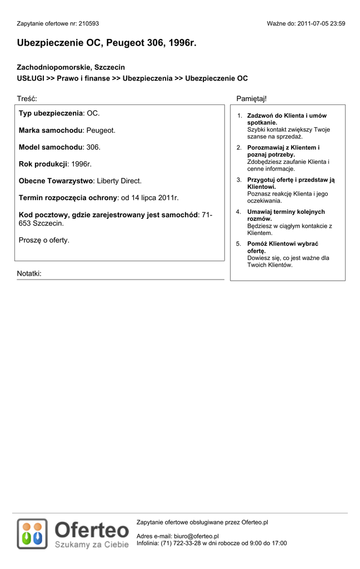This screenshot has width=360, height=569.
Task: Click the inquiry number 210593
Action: click(89, 24)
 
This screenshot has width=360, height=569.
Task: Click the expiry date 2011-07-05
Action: click(313, 24)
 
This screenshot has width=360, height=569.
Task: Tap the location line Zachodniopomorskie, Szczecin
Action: click(71, 67)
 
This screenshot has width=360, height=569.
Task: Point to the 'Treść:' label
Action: click(27, 98)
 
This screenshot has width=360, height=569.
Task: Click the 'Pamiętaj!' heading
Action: click(252, 98)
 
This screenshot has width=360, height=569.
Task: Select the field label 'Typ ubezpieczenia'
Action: click(51, 113)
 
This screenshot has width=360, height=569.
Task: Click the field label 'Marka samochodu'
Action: click(51, 131)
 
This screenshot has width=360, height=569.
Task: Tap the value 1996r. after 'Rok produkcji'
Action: click(81, 164)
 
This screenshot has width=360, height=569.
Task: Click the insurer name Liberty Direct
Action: click(119, 181)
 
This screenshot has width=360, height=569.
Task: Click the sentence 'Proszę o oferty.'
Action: click(44, 241)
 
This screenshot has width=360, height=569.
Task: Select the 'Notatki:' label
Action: click(29, 274)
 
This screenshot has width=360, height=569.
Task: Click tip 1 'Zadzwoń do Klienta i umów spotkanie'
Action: click(286, 119)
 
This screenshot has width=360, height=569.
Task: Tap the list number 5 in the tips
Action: click(238, 244)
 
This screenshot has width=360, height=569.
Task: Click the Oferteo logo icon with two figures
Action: click(32, 534)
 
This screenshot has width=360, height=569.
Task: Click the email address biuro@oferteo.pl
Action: click(196, 536)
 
